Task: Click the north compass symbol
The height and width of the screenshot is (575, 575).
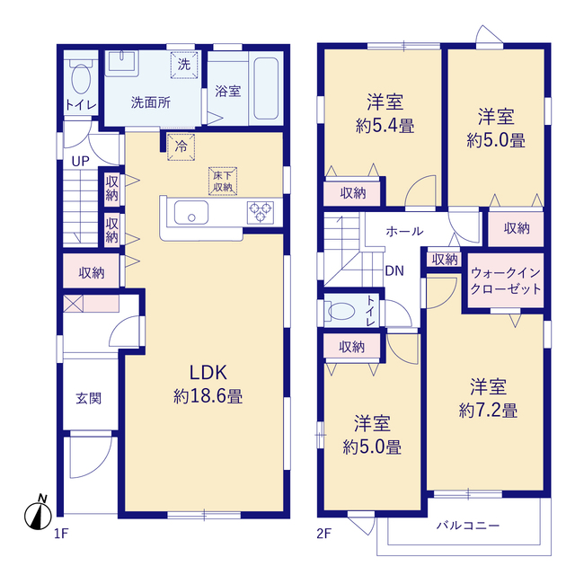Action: pos(38,513)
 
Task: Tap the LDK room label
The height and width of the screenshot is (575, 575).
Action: pos(208,373)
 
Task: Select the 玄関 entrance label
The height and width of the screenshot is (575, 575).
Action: pos(89,398)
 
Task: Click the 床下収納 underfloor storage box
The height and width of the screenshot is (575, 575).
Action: pos(223,181)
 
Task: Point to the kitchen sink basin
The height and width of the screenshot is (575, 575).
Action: pos(191,212)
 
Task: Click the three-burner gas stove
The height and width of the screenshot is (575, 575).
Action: pos(261,212)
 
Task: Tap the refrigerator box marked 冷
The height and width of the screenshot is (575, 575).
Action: pos(181,147)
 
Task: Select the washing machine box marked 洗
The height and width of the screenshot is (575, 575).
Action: pos(184,65)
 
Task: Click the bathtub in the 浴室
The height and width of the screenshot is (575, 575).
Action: pos(266,88)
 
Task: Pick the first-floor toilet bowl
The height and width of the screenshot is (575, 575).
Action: pos(81,78)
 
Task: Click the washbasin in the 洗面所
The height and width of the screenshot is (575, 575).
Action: pos(122,62)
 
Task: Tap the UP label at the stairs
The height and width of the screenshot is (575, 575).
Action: pos(80,161)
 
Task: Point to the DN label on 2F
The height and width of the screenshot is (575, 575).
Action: pos(394,271)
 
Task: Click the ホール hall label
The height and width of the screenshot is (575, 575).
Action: pos(404,231)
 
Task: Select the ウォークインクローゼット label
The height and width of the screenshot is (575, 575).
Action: pos(506,280)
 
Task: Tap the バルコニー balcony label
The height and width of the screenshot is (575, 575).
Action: pos(468,526)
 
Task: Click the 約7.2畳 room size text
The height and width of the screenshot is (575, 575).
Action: pos(488,411)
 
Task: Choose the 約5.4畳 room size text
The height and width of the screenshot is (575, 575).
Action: pos(385,126)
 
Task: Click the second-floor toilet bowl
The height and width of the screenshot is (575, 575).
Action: pos(341,312)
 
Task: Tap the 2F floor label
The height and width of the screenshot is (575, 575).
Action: pos(323,533)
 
